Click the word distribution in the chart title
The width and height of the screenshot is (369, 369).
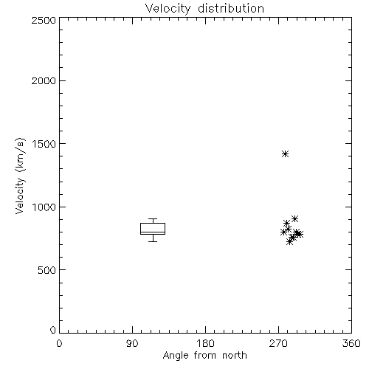tap(231, 8)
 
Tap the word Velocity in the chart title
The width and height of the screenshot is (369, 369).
tap(168, 9)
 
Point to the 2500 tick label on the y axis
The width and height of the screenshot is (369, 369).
tap(44, 20)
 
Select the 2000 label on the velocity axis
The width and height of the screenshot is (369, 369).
tap(44, 81)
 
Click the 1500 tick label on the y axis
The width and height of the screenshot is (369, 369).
tap(44, 144)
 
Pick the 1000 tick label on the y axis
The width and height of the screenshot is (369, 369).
tap(44, 207)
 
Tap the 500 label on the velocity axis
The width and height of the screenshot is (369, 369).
tap(47, 270)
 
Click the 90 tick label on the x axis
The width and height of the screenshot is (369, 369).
tap(132, 343)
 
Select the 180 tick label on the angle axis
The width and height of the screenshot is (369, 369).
tap(205, 343)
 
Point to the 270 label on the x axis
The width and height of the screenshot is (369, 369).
tap(278, 343)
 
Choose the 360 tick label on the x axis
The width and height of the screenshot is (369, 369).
tap(351, 343)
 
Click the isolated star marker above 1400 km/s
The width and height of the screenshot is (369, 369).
tap(285, 154)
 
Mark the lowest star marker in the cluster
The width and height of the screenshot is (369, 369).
tap(290, 241)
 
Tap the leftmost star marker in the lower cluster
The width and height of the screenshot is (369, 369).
tap(283, 232)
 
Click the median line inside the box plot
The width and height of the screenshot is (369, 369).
tap(153, 232)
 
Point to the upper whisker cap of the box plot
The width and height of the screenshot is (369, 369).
tap(153, 218)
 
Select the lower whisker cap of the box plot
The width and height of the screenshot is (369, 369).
tap(153, 241)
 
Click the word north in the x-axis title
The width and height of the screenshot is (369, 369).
tap(235, 356)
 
